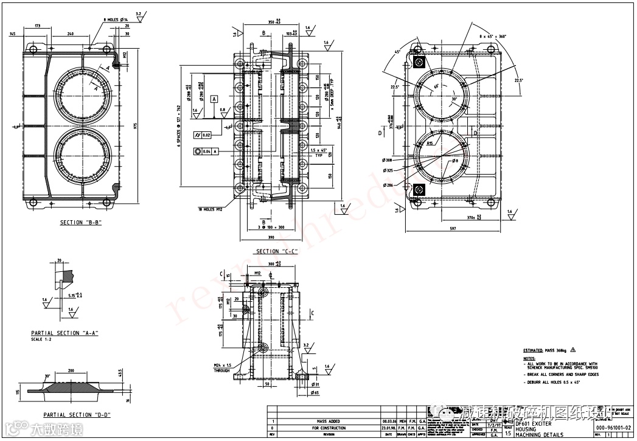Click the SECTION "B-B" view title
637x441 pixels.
click(80, 223)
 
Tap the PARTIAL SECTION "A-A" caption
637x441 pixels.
click(64, 333)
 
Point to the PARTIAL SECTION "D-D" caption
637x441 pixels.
click(72, 415)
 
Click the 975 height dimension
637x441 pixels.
click(136, 126)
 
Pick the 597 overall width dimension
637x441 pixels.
click(454, 229)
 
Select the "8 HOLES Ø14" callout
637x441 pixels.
click(116, 20)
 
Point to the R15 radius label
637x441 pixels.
click(430, 144)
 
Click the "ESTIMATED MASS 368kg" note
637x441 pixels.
click(545, 351)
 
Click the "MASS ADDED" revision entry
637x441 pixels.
click(328, 421)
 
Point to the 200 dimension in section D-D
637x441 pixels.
click(71, 370)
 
